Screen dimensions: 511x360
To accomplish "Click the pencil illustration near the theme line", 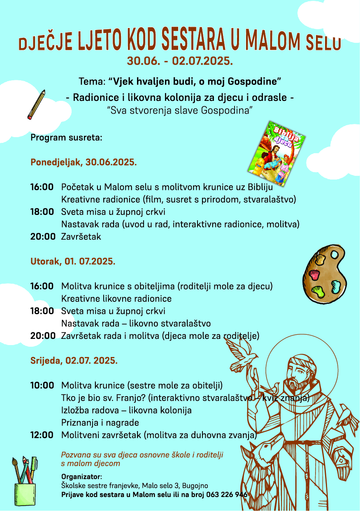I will [x=36, y=105].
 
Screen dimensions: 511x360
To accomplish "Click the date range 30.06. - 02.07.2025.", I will [x=180, y=61].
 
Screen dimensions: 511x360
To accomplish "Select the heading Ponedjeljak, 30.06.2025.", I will [x=84, y=162].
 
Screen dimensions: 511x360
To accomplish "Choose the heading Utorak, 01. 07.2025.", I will [x=73, y=261].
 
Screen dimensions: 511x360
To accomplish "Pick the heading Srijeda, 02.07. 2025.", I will [x=74, y=361].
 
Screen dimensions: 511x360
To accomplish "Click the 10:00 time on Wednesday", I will [x=42, y=386].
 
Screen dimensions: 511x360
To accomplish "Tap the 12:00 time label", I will [x=42, y=435].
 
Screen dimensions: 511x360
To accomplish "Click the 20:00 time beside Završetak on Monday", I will [x=42, y=237].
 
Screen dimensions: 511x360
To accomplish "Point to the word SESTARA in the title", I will [x=193, y=41].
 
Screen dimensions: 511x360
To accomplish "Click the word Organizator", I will [x=81, y=477].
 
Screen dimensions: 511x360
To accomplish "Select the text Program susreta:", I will [x=66, y=138].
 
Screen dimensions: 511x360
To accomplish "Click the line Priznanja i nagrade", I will [x=100, y=423].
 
